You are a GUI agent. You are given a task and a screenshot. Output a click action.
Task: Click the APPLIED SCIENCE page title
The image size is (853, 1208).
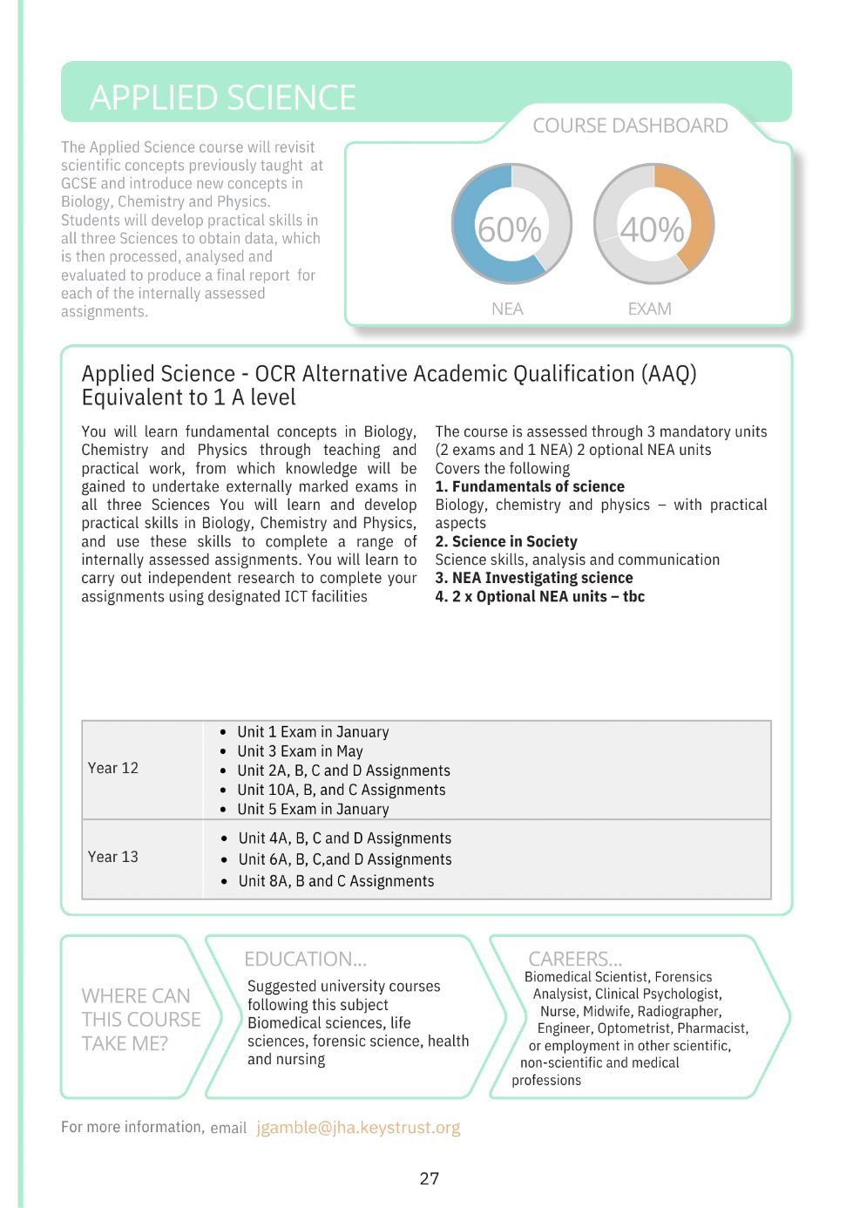223,98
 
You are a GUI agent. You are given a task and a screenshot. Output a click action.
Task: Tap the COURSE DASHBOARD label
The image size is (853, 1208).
630,126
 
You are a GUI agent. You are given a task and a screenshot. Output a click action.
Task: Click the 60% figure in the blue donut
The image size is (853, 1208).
510,230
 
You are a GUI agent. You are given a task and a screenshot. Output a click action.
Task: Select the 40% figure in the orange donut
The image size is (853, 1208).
652,230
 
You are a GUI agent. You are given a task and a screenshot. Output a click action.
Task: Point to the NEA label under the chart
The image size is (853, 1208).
507,309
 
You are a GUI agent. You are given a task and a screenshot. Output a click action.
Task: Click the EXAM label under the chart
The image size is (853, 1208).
649,309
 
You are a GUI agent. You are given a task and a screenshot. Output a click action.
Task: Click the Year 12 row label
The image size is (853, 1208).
113,769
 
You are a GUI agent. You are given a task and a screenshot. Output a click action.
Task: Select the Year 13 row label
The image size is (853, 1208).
113,858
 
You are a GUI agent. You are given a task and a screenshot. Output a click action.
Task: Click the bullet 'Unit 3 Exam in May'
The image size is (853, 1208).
300,751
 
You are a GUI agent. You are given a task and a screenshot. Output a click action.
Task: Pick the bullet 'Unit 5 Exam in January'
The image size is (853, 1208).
313,809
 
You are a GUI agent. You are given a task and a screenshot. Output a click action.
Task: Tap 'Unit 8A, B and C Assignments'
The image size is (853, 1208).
336,881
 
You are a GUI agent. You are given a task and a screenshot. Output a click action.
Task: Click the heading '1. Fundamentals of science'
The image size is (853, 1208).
530,487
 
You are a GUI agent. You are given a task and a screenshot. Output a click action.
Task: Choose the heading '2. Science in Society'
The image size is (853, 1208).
506,542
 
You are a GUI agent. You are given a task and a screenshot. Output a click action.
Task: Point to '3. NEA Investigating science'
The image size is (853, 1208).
534,579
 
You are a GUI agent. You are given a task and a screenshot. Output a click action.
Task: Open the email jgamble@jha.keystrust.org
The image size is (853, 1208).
358,1128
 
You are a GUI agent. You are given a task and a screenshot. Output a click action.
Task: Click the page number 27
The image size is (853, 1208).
430,1179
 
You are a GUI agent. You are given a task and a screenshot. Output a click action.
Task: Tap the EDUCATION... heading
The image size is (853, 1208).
305,960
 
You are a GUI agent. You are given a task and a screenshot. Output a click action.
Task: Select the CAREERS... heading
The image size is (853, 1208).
575,960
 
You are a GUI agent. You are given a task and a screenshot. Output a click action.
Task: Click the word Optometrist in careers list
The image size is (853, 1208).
633,1028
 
